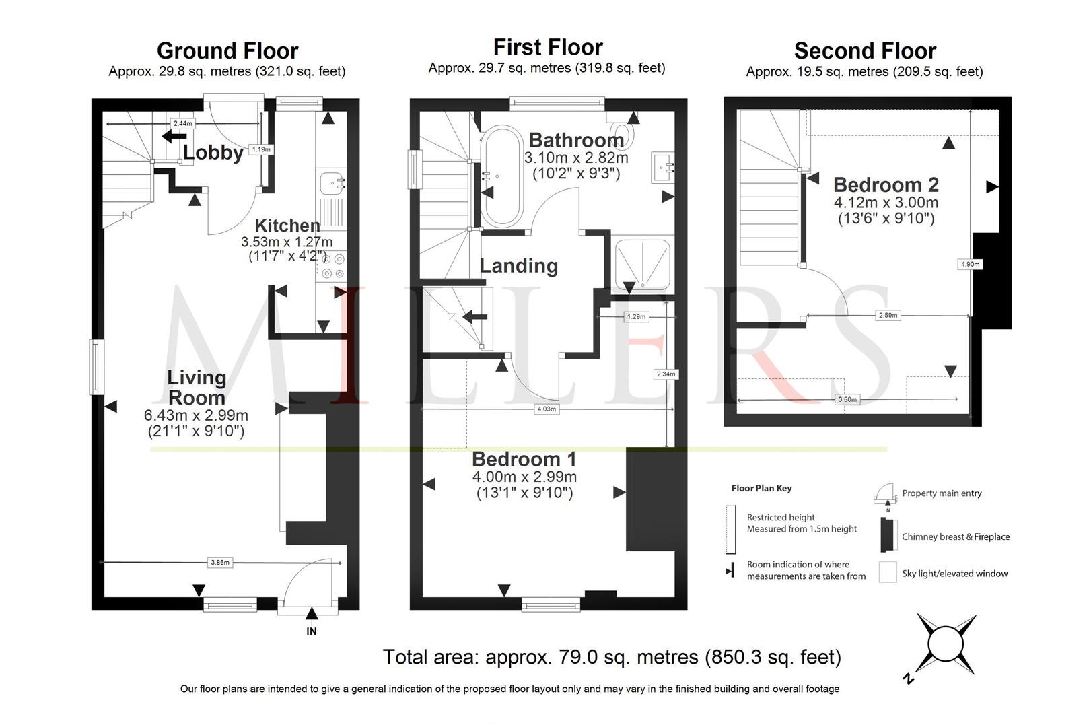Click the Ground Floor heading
click(x=227, y=50)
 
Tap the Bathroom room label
click(x=576, y=140)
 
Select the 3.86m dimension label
click(x=219, y=562)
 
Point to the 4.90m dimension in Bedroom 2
click(x=970, y=264)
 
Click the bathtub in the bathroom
click(x=501, y=176)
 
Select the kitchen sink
click(x=332, y=184)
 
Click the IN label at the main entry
click(x=312, y=631)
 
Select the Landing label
click(x=519, y=266)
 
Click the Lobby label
click(x=213, y=153)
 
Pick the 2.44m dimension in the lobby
click(x=182, y=123)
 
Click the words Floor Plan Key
click(x=761, y=488)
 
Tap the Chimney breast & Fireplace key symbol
click(x=888, y=535)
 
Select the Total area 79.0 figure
click(x=612, y=657)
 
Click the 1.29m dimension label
click(x=636, y=317)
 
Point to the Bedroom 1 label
click(x=524, y=459)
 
